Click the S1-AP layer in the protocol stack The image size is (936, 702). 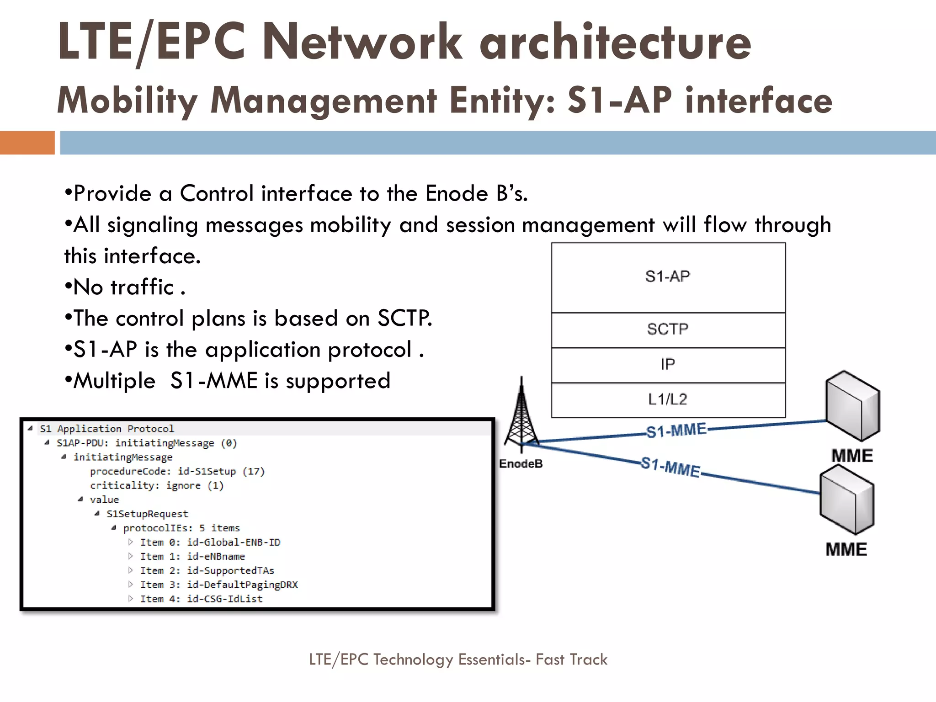pos(668,277)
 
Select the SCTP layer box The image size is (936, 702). pos(668,330)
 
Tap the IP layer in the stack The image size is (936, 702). pos(668,365)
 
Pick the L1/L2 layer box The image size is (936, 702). pos(668,400)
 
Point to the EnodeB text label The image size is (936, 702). pos(521,464)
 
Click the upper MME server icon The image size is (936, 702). pos(852,405)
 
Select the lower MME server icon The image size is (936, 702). pos(846,500)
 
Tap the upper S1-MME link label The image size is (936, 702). pos(676,431)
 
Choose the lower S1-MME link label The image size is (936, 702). pos(670,467)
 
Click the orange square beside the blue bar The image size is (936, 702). pos(27,143)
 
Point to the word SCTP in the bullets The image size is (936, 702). pos(404,318)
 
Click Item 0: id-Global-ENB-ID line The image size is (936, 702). pos(210,542)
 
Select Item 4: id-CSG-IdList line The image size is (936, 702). pos(201,599)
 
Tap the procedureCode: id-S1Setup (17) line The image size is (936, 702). pos(177,471)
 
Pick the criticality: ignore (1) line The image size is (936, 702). pos(157,485)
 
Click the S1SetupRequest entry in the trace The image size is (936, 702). pos(147,514)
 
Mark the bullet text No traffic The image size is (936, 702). pos(123,287)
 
